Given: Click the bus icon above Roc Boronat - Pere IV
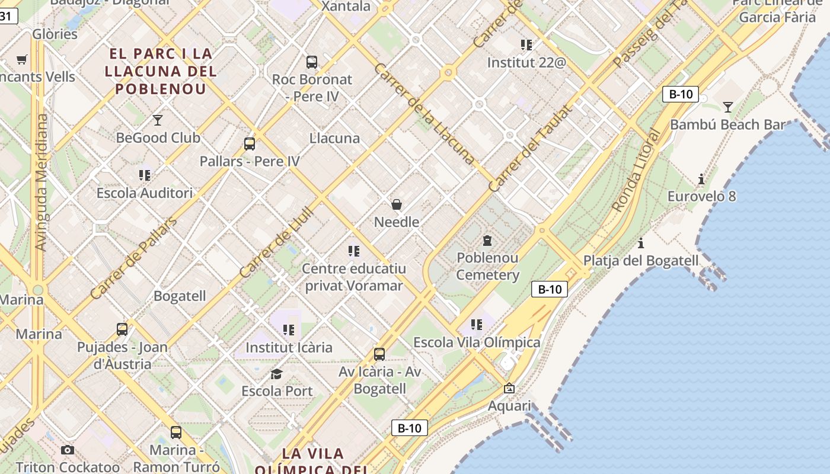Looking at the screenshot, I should [x=311, y=62].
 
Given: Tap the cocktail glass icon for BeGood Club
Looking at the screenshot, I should [x=158, y=120].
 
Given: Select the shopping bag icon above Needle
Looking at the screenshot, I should [x=397, y=204].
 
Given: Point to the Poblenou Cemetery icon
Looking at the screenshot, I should [x=487, y=240].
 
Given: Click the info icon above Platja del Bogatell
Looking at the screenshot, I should [x=641, y=243].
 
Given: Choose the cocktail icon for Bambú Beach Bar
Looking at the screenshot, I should [x=728, y=107].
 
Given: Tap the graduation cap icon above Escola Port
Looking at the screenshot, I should [x=276, y=374].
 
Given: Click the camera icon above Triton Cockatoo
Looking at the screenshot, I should [x=68, y=450].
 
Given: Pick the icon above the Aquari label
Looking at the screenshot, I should [x=509, y=389].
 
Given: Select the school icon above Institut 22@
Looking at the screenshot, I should [x=526, y=44].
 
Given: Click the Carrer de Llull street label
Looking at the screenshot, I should [x=276, y=242].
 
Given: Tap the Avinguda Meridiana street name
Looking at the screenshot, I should [x=41, y=182].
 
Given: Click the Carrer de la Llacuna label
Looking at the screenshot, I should [x=424, y=114].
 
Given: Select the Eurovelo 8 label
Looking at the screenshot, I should [x=701, y=196].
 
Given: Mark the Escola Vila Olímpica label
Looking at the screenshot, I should [x=477, y=342].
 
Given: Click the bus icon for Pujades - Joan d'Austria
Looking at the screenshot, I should [x=122, y=329].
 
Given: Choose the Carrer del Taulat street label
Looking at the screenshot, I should [x=531, y=148].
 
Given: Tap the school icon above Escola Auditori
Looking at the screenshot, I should [x=145, y=175].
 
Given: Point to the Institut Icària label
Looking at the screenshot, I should [x=289, y=347].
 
